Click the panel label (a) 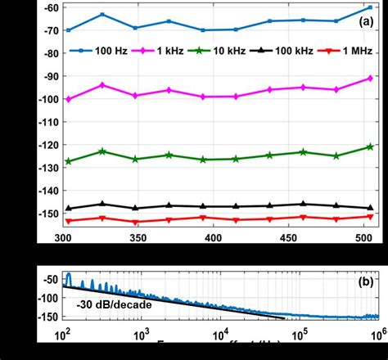tap(367, 23)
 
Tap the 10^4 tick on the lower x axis tap(219, 335)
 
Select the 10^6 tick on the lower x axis tap(377, 335)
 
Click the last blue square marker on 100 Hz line tap(369, 7)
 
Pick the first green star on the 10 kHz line tap(68, 161)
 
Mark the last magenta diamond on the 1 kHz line tap(369, 79)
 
